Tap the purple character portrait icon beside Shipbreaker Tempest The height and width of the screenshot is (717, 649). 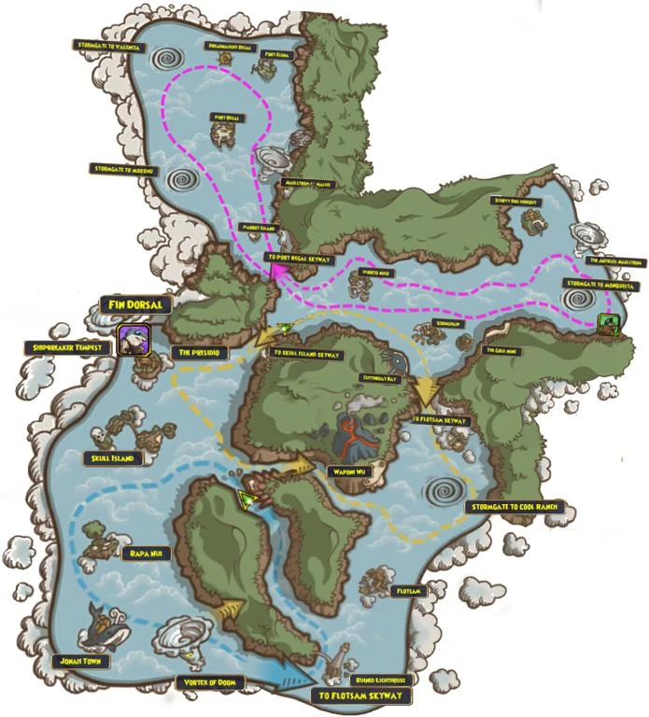tap(132, 341)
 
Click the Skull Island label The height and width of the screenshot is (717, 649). tap(118, 458)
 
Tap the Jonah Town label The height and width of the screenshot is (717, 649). tap(82, 661)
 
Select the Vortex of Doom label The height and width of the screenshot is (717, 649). tap(207, 683)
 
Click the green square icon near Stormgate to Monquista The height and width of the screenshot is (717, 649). tap(608, 323)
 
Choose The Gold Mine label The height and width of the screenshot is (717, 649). tap(501, 350)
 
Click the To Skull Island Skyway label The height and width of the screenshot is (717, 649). tap(307, 355)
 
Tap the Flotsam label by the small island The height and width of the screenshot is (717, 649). tap(409, 591)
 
